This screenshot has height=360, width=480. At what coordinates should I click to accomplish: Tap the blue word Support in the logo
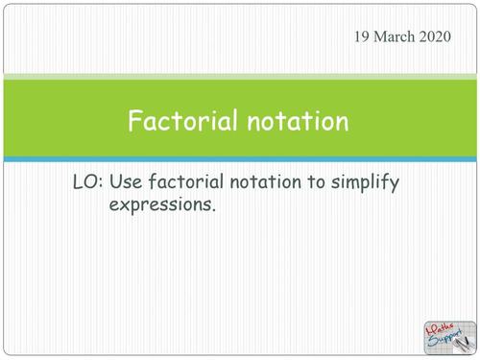443,341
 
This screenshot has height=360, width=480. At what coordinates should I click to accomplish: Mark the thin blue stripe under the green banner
240,158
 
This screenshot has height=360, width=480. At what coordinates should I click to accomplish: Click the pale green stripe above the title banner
240,76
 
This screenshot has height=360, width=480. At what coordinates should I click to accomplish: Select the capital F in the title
136,122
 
